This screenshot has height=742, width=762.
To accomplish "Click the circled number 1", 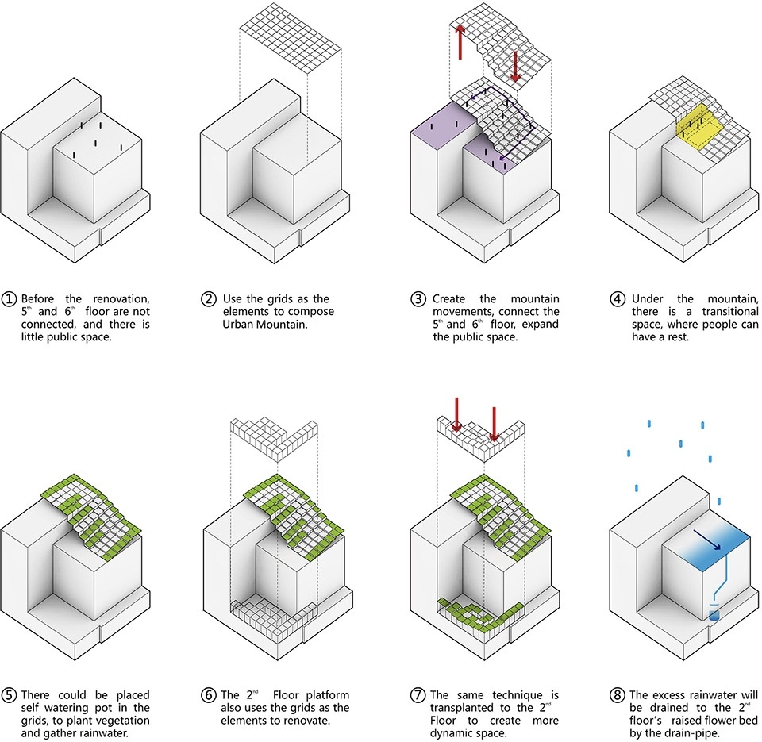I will coord(10,299).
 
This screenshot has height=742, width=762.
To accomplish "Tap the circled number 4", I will coord(618,299).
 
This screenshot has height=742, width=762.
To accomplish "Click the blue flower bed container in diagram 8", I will coord(714,612).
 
